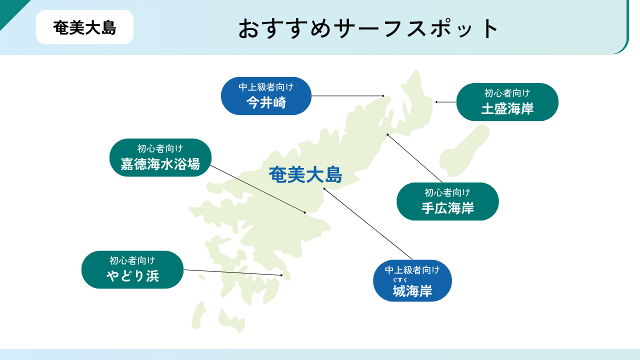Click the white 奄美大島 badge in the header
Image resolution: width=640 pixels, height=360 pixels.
[84, 27]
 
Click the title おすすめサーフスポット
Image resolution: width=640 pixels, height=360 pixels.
[368, 28]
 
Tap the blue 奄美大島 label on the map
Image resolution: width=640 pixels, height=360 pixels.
[305, 174]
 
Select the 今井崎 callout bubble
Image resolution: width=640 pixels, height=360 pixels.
[266, 96]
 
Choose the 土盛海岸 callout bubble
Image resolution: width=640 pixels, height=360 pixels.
[507, 102]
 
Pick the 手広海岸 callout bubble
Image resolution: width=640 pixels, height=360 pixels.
[447, 201]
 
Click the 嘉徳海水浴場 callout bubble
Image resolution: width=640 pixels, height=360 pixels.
[160, 157]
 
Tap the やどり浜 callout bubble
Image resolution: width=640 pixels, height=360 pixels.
[132, 269]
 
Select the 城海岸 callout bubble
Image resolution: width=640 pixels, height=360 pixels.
[412, 280]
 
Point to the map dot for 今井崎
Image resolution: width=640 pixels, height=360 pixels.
[383, 96]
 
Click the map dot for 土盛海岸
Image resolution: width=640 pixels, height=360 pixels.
[436, 102]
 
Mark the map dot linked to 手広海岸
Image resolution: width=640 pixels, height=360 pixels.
[387, 134]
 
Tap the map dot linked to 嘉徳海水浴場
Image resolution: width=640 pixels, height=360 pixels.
[305, 212]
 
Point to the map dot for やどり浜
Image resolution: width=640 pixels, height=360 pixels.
[281, 275]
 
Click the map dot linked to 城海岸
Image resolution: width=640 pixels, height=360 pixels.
[324, 189]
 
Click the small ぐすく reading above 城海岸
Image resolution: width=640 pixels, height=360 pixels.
[399, 280]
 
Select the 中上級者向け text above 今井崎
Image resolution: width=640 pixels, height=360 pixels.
[266, 87]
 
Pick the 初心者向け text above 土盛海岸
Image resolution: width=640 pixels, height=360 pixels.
[507, 93]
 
